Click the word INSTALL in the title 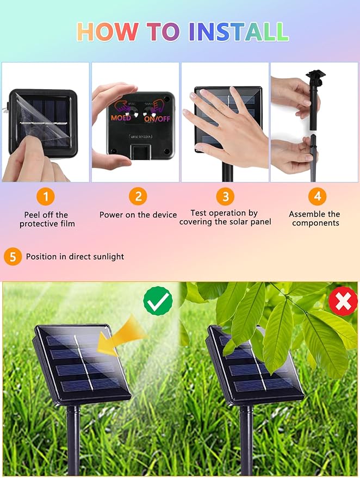239,32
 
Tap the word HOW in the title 107,32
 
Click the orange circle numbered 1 46,196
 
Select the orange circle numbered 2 138,196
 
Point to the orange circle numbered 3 226,196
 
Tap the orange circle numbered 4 318,196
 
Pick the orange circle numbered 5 13,256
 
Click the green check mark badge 158,301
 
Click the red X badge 343,301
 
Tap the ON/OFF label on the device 157,119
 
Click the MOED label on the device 121,117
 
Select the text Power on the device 138,215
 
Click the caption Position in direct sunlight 75,257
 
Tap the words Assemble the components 315,218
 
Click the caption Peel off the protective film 47,219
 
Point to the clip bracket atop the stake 316,75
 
